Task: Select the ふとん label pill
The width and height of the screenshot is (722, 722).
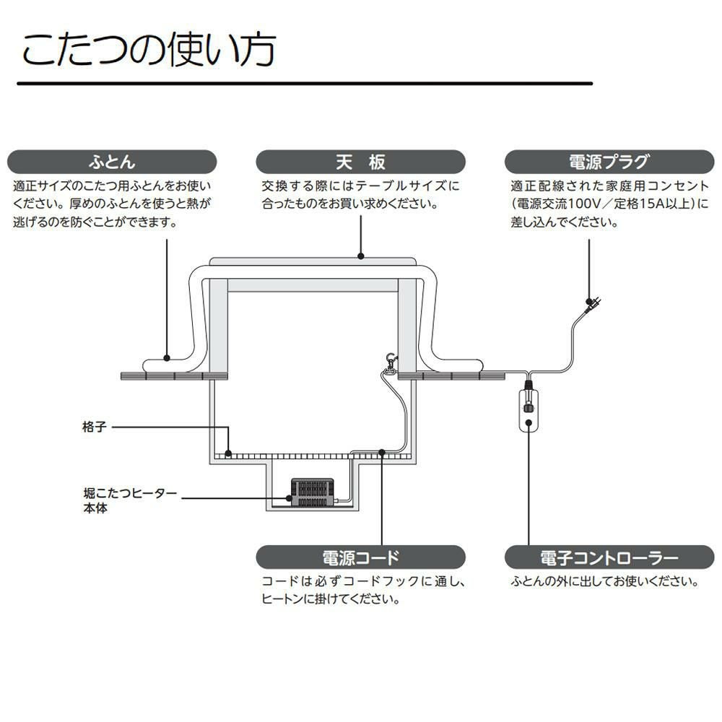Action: (112, 161)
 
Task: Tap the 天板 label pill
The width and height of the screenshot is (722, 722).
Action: (360, 161)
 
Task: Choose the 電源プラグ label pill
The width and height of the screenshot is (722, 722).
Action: (609, 161)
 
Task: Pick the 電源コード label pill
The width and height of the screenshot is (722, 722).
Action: (360, 557)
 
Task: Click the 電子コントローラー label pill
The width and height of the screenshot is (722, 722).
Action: (609, 557)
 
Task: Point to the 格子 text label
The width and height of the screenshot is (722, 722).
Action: (94, 427)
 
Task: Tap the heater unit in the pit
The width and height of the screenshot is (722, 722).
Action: (310, 492)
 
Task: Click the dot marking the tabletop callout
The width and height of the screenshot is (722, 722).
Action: (360, 255)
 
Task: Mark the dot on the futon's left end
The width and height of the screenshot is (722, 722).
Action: (167, 357)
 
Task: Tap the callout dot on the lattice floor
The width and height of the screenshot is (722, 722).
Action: (228, 453)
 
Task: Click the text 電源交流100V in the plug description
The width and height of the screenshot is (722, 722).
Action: (557, 204)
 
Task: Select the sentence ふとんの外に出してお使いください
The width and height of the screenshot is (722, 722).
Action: (605, 580)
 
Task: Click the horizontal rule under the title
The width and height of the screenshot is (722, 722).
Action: (304, 84)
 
